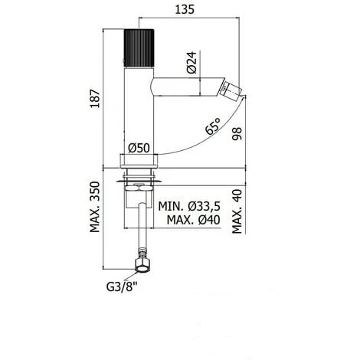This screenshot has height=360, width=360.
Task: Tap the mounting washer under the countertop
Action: pos(138,181)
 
